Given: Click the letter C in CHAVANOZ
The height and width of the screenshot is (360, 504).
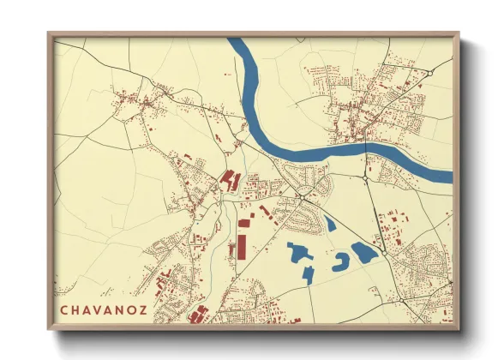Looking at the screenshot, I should [64, 309].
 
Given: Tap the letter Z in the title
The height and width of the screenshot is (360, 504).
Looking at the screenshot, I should [141, 309].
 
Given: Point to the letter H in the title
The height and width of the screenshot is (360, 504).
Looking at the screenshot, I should [75, 309].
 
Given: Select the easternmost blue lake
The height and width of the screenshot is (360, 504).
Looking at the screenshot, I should [363, 252].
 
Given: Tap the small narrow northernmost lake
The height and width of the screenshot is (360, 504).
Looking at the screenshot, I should [329, 225].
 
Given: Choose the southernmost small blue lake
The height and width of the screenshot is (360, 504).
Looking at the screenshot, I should [308, 275].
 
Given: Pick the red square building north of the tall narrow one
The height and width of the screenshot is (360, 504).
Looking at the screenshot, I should [244, 223].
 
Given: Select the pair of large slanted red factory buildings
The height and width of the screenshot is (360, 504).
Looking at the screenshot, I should [229, 180].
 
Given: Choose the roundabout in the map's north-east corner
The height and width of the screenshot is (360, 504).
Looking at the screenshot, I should [423, 75].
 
